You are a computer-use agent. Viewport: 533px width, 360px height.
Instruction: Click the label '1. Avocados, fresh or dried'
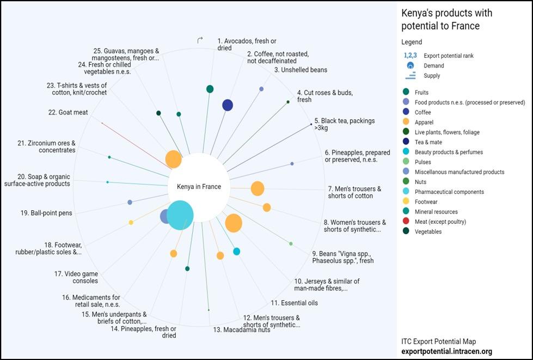point(247,44)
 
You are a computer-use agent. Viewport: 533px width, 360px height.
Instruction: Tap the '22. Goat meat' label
point(68,113)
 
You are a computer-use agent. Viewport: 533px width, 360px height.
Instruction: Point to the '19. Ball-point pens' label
point(46,213)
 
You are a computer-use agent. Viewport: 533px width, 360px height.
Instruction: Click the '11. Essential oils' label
point(294,303)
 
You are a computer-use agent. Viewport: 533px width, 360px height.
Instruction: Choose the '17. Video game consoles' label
point(76,277)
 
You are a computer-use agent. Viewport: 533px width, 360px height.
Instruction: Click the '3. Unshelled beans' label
point(301,70)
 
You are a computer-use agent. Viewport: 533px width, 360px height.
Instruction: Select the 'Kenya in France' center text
point(199,187)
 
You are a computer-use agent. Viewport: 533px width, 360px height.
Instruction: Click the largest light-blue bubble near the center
point(180,215)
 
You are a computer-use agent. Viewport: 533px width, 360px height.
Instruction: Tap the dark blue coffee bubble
point(228,105)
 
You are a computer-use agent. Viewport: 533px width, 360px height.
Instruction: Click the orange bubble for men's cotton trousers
point(258,188)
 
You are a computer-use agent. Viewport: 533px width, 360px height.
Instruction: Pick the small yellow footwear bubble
point(131,222)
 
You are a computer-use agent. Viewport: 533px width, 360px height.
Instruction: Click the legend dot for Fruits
point(406,93)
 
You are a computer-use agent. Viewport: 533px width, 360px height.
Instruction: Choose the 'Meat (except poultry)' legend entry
point(440,222)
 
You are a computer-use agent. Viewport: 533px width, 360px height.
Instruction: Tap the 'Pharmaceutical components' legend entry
point(449,192)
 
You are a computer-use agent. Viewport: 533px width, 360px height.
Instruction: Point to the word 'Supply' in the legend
point(432,76)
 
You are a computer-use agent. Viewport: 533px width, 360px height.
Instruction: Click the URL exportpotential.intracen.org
point(446,352)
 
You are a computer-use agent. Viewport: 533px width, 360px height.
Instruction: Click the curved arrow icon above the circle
point(200,40)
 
